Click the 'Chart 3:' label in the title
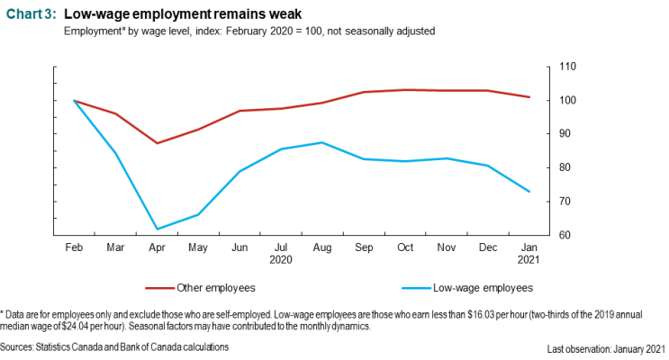click(32, 13)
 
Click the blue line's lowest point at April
click(157, 229)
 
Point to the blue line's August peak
click(322, 142)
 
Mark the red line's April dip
click(157, 143)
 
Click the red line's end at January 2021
click(529, 97)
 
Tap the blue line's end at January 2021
click(529, 192)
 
